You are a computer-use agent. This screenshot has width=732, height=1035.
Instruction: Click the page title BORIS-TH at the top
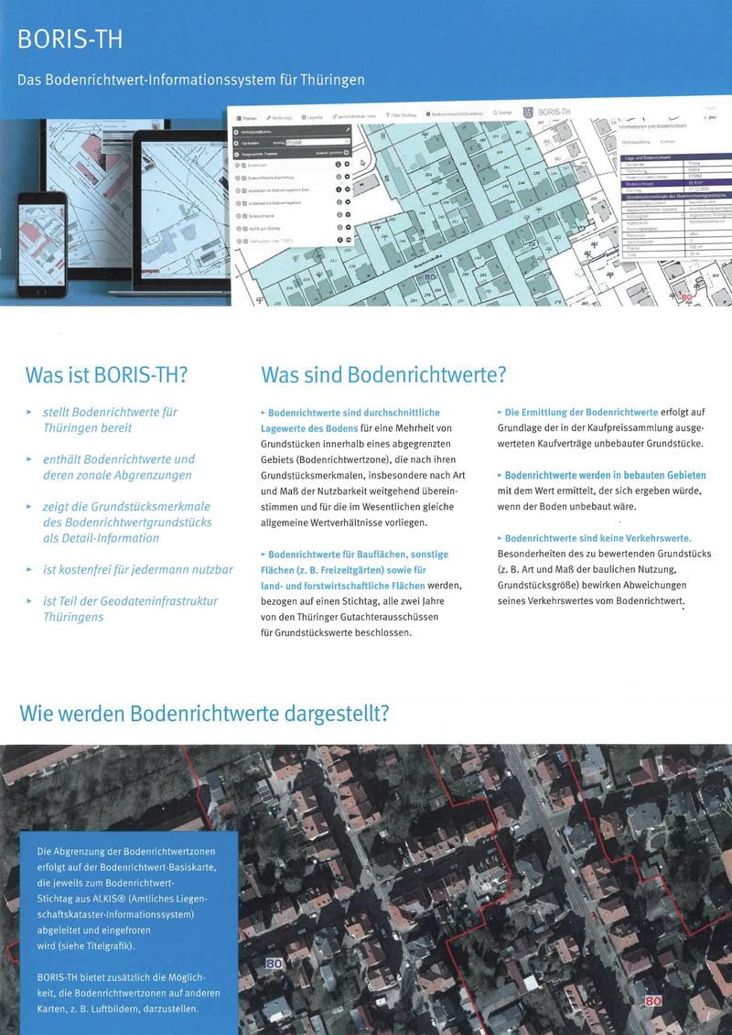coord(70,40)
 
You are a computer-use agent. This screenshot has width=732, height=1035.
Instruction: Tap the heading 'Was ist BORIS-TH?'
coord(107,375)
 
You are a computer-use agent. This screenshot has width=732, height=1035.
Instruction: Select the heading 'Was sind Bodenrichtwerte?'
coord(383,375)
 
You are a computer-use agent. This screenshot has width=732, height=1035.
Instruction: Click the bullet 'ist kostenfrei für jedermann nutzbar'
coord(137,569)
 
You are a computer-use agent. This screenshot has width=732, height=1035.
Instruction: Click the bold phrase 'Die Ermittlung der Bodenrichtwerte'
coord(581,413)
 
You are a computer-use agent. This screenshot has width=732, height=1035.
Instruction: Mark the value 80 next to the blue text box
coord(274,964)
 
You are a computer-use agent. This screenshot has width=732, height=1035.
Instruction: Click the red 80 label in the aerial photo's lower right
coord(653,1001)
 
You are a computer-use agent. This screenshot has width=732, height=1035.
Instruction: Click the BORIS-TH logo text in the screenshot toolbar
coord(554,112)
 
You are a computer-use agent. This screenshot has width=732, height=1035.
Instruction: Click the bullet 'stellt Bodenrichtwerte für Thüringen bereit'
coord(110,419)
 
